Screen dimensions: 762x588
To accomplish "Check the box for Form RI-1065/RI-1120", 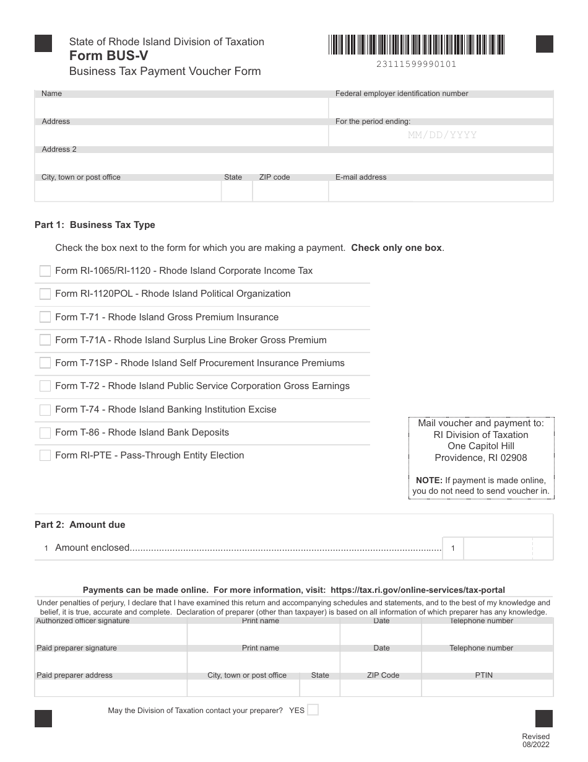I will coord(45,271).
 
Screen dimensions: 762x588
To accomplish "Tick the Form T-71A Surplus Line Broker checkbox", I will coord(45,340).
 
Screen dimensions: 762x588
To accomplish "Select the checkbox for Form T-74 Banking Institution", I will coord(45,409).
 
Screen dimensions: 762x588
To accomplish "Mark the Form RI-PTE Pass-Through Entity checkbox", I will coord(45,455).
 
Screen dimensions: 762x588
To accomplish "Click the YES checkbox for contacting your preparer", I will coord(313,710).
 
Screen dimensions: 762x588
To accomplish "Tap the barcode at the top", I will coord(417,45).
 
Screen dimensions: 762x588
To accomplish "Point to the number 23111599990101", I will coord(416,64).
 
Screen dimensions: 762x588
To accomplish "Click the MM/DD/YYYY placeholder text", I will coord(442,135).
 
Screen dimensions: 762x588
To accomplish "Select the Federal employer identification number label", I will coord(402,94).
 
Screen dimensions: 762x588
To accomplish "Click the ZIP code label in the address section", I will coord(274,177).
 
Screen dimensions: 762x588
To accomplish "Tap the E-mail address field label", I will coord(361,177).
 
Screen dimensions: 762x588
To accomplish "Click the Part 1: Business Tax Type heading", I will coord(95,225).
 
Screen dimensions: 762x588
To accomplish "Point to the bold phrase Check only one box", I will coord(397,248).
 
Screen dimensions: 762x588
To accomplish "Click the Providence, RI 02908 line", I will coord(481,458).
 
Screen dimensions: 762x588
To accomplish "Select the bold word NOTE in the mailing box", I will coord(429,480).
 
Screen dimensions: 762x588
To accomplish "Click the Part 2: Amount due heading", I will coord(80,525).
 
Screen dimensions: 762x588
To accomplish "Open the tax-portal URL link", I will coord(418,590).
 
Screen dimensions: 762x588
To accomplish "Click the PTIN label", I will coord(484,675).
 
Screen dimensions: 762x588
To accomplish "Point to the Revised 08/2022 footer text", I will coord(535,740).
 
